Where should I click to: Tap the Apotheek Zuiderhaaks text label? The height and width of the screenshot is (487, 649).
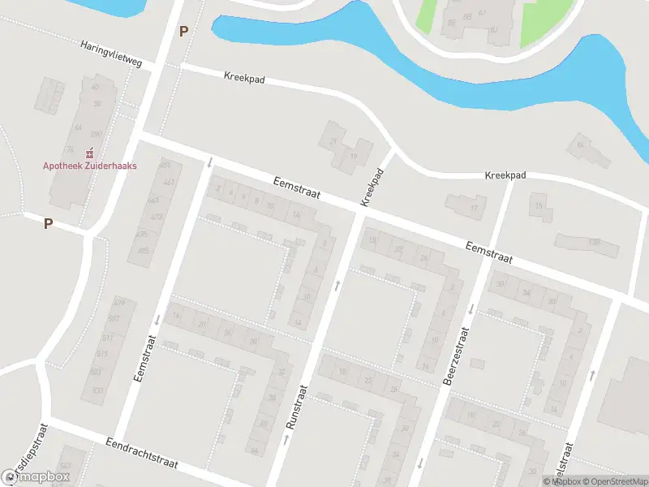89,166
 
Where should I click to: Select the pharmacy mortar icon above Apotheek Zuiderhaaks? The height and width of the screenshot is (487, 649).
89,152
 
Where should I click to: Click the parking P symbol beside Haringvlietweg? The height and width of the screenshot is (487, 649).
183,32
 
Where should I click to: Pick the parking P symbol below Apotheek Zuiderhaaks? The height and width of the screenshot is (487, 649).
48,223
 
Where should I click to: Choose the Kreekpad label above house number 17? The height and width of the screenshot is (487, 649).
505,175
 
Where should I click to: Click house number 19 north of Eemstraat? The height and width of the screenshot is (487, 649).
354,155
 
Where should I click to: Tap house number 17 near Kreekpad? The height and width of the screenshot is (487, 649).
475,209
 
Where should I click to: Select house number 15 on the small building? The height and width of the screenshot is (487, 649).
539,206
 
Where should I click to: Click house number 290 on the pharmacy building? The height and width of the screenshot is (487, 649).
96,134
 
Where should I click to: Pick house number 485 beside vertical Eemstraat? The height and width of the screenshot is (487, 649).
144,250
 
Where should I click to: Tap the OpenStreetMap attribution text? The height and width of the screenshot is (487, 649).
612,481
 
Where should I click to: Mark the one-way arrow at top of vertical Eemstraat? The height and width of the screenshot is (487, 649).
209,162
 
